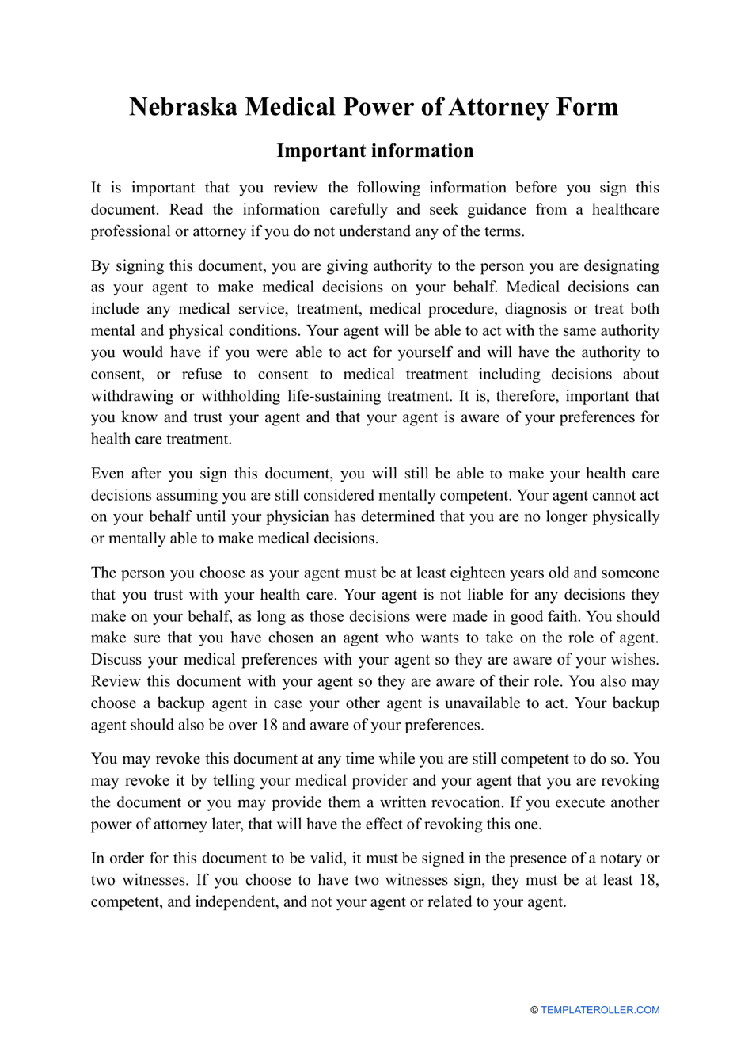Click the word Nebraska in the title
183,107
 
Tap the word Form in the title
586,107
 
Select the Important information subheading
375,150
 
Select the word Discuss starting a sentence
116,660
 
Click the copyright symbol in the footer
534,1010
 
